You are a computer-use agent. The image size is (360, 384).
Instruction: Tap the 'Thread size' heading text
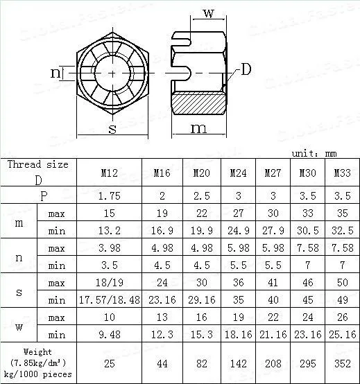(x=38, y=165)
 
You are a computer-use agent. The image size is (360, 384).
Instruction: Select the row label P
(x=43, y=195)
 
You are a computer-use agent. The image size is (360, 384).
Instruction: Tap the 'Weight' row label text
(x=38, y=352)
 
